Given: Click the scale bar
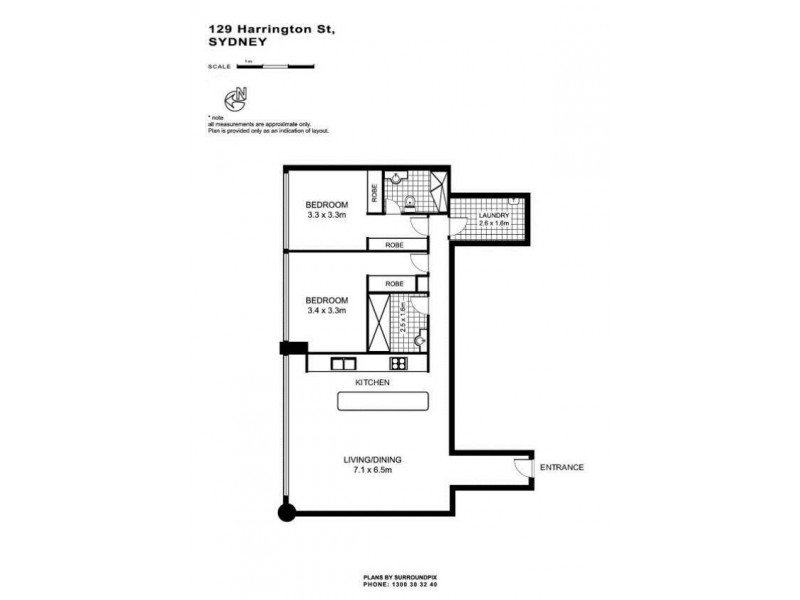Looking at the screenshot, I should tap(276, 66).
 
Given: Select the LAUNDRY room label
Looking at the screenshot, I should tap(495, 215).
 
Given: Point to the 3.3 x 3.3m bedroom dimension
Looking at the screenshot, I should tap(327, 214).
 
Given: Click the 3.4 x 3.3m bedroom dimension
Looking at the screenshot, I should tap(327, 311).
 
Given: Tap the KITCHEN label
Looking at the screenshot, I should tap(371, 383).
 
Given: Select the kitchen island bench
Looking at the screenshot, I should tap(384, 402).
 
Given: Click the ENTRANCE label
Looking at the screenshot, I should tap(561, 468).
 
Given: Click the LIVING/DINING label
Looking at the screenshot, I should tap(371, 460).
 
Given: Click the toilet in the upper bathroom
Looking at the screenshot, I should tap(410, 205).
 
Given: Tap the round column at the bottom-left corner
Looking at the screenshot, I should tap(288, 514).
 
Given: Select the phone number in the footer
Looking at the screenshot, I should tap(400, 586).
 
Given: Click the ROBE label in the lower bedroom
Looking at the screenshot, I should tap(394, 283).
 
